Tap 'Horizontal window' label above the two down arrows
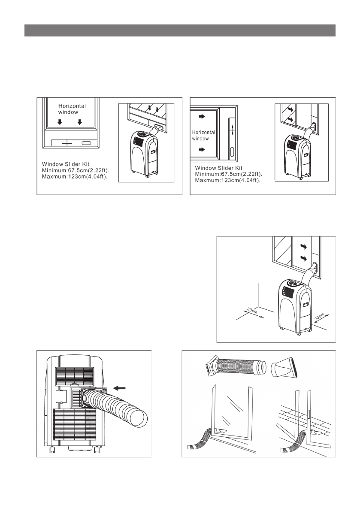coord(72,109)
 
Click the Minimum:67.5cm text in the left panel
coord(75,170)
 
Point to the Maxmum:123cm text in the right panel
coord(229,180)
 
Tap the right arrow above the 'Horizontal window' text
coord(202,116)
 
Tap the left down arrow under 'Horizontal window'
coord(60,122)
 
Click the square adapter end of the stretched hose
coord(215,367)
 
